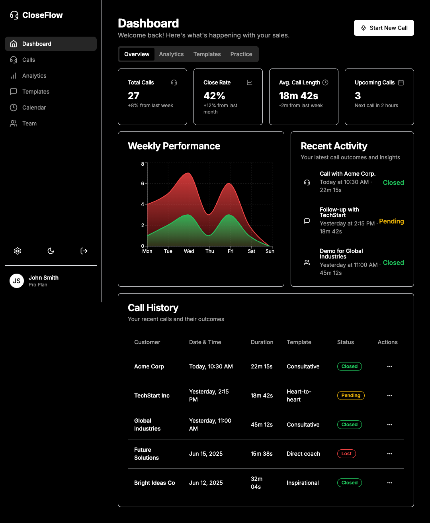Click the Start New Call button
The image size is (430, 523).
[x=384, y=28]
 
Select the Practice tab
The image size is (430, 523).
[x=241, y=54]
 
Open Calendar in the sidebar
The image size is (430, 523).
[x=34, y=108]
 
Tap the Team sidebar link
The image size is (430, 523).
[x=29, y=123]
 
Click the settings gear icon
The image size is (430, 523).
[x=18, y=251]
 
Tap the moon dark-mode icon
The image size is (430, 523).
[x=51, y=251]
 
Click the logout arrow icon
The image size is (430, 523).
[x=84, y=251]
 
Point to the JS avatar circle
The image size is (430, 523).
[x=17, y=281]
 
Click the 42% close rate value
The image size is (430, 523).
[x=214, y=96]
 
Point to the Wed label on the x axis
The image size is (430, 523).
[x=189, y=251]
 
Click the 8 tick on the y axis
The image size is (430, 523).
[x=143, y=164]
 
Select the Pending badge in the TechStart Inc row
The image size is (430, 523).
[x=351, y=396]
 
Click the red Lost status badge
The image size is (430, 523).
[x=346, y=454]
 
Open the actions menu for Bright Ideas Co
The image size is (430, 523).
[x=390, y=483]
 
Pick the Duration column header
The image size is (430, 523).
[x=262, y=342]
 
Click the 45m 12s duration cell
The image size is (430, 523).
[x=262, y=425]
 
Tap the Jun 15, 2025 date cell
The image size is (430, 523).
[x=206, y=454]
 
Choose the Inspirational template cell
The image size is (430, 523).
[x=303, y=483]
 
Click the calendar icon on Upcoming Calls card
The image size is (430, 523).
[x=401, y=82]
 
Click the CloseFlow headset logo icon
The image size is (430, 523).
[x=14, y=15]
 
